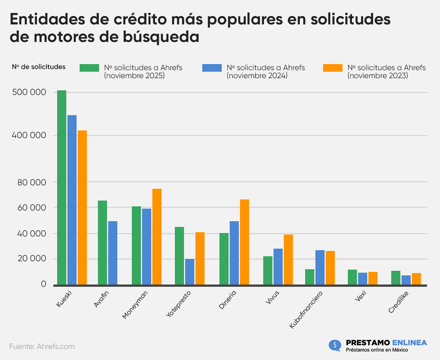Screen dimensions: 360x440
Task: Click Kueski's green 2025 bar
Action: coord(62,187)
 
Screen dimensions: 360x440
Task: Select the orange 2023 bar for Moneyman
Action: coord(157,236)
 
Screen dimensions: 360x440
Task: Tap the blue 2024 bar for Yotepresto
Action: coord(190,272)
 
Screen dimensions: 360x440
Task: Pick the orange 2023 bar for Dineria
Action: coord(245,242)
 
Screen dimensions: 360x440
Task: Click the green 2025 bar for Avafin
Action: coord(102,242)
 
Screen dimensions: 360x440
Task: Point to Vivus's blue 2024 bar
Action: coord(278,266)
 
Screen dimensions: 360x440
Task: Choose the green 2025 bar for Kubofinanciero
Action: coord(310,276)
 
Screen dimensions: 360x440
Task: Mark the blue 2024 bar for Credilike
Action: coord(406,280)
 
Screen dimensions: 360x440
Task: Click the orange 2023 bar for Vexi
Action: coord(373,278)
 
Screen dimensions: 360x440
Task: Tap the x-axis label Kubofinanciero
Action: coord(306,309)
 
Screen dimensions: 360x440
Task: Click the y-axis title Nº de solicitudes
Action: coord(39,67)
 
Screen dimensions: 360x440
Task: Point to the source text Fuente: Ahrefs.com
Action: coord(42,347)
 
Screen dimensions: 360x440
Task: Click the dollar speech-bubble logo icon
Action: coord(334,346)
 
